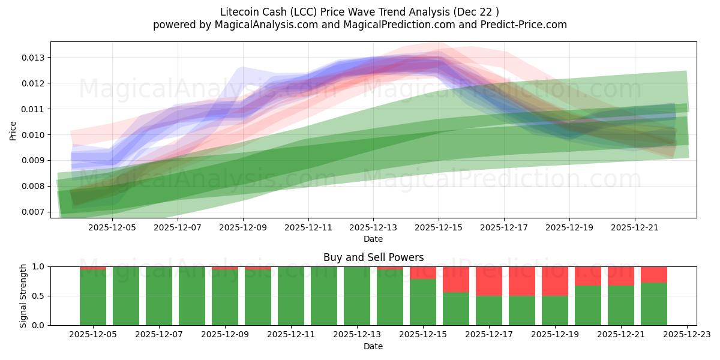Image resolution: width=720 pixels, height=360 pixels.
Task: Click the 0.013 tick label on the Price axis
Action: (34, 58)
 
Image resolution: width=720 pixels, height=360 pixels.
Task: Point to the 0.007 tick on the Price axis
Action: (34, 212)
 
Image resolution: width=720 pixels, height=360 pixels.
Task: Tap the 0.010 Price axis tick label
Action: (34, 134)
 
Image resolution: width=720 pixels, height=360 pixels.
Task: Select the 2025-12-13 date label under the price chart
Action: (373, 227)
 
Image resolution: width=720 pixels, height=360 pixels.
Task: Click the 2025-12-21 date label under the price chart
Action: (635, 227)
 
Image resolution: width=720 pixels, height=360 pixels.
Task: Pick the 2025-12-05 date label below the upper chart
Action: (112, 227)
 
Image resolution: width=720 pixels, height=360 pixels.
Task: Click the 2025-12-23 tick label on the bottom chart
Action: (686, 335)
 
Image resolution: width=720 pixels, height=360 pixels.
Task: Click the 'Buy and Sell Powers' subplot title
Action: (373, 257)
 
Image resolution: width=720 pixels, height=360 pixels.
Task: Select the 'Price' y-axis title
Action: (13, 130)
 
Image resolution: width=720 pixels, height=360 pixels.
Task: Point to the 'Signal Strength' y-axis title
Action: (23, 296)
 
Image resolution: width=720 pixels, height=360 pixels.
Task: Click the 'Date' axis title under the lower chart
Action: (373, 346)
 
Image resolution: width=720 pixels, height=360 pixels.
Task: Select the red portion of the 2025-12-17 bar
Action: (489, 281)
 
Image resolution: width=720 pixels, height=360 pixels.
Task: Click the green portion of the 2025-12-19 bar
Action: (555, 310)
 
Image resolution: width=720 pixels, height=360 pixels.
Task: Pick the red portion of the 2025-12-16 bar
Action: (456, 279)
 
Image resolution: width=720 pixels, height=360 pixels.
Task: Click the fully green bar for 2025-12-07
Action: (159, 296)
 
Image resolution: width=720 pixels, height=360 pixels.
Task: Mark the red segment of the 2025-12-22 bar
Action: (654, 274)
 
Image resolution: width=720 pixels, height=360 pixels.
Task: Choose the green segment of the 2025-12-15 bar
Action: (423, 302)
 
